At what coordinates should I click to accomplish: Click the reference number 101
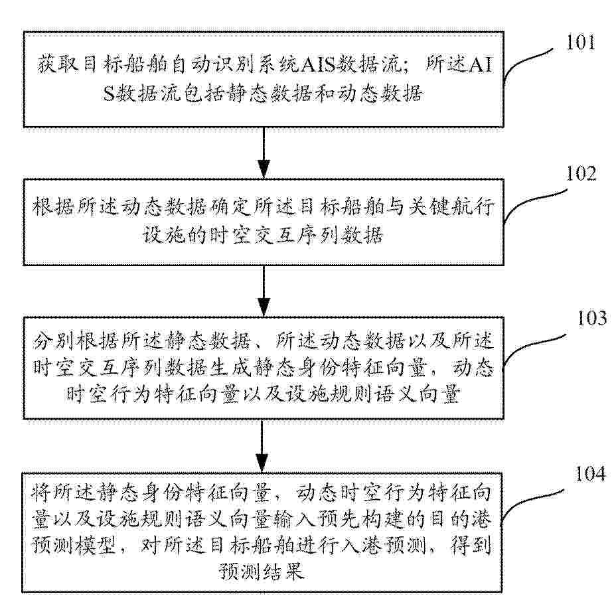pos(580,42)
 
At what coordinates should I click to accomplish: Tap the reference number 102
pos(581,173)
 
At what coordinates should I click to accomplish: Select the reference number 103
pos(591,318)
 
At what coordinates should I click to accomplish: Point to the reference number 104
pos(590,474)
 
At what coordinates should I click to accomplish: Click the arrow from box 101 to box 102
pos(264,153)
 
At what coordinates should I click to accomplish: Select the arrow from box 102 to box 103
pos(264,291)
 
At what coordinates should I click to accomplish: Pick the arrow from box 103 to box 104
pos(262,446)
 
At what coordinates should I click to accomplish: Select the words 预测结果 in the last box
pos(262,571)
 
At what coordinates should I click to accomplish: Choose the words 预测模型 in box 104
pos(74,544)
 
